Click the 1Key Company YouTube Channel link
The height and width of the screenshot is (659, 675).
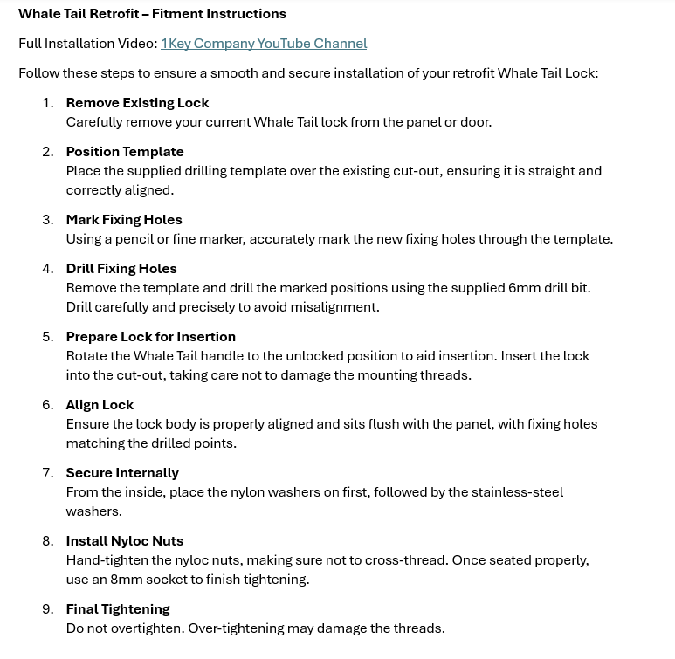(264, 44)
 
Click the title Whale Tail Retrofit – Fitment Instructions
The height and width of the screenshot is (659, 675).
(152, 14)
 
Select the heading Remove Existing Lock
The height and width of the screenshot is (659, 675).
(137, 103)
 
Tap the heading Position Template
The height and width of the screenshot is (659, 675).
(125, 152)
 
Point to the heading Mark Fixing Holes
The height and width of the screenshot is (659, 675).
(124, 220)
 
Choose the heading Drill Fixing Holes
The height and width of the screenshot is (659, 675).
(121, 269)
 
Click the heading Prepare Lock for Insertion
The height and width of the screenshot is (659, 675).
(150, 337)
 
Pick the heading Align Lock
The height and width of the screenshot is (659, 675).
(100, 405)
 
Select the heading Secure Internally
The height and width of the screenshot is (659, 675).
(122, 473)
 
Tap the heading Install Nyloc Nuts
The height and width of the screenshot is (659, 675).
(125, 541)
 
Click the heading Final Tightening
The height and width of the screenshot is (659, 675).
(118, 609)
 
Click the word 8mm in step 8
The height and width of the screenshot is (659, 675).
(127, 580)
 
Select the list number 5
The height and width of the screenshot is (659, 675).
(48, 337)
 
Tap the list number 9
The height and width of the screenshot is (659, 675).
(48, 609)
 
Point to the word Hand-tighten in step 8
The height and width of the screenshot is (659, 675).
(106, 560)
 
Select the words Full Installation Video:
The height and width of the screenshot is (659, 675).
(87, 44)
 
